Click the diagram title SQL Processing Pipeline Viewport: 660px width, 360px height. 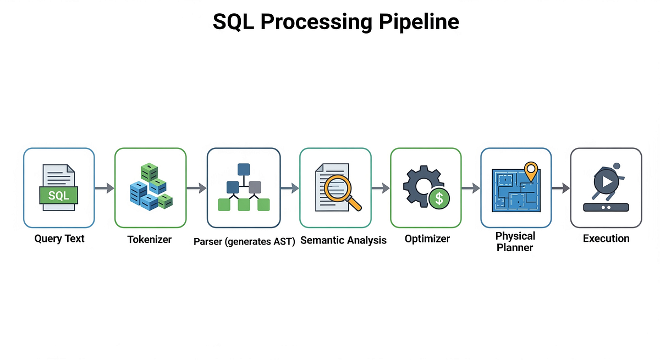[x=335, y=21]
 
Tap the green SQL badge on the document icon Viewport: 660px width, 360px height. [x=59, y=195]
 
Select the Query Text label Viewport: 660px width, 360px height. [x=59, y=239]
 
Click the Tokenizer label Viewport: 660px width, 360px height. [x=150, y=240]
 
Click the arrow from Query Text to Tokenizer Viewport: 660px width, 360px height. [x=104, y=189]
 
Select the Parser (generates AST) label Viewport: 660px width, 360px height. [x=245, y=241]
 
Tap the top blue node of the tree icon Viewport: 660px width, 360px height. [x=244, y=169]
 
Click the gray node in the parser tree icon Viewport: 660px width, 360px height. [x=255, y=187]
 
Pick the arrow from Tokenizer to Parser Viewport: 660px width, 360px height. [x=196, y=189]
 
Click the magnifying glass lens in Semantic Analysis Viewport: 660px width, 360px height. [x=336, y=187]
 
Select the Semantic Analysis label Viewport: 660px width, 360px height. [x=344, y=240]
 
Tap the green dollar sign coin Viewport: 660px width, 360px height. [x=439, y=198]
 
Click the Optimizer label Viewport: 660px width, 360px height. [x=427, y=239]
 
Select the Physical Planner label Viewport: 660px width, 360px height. [x=515, y=241]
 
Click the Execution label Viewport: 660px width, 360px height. [x=606, y=239]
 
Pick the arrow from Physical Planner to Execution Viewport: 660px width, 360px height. [x=561, y=189]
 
